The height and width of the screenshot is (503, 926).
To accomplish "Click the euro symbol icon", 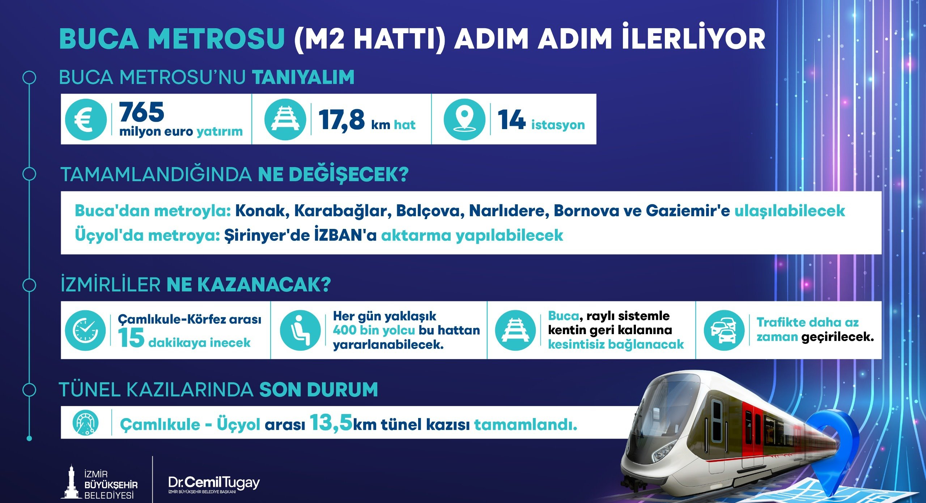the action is tap(86, 120).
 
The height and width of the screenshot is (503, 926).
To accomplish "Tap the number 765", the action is tap(141, 112).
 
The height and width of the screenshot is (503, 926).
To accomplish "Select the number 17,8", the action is tap(341, 120).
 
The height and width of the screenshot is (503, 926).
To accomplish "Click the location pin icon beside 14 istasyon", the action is tap(464, 120).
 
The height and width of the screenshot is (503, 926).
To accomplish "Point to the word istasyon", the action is tap(558, 125).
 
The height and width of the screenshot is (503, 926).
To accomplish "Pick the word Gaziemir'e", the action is tap(688, 210).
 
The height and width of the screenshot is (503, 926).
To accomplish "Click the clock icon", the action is tap(85, 330).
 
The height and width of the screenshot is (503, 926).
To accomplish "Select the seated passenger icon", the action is tap(300, 330).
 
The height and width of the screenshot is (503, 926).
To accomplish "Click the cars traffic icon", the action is tap(724, 330).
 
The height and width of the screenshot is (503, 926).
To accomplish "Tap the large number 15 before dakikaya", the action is tap(131, 338).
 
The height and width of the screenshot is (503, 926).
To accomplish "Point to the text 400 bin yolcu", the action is tap(374, 330).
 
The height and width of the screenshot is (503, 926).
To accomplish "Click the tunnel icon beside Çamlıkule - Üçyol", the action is tap(85, 422).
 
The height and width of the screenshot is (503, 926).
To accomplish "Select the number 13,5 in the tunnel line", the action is tap(331, 422).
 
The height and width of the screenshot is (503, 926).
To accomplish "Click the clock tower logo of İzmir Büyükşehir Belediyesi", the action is tap(71, 482).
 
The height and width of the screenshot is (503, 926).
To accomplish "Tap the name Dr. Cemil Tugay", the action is tap(214, 483).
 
